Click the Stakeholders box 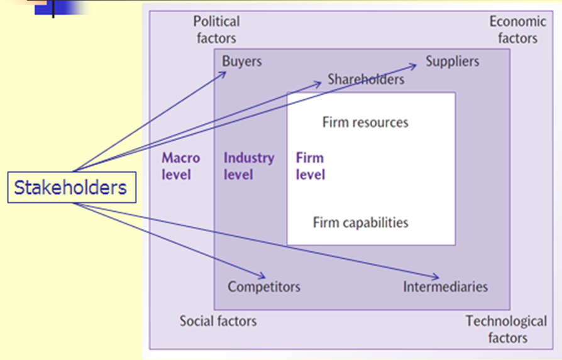72,187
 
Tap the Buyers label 241,62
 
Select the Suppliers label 452,61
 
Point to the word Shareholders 366,80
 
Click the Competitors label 264,287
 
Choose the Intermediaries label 445,286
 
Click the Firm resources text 365,122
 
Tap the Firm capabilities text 361,222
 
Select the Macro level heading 181,166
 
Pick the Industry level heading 249,166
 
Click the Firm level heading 310,166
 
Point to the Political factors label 216,30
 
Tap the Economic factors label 518,30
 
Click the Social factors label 218,321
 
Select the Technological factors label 506,329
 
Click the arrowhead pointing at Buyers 224,73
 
